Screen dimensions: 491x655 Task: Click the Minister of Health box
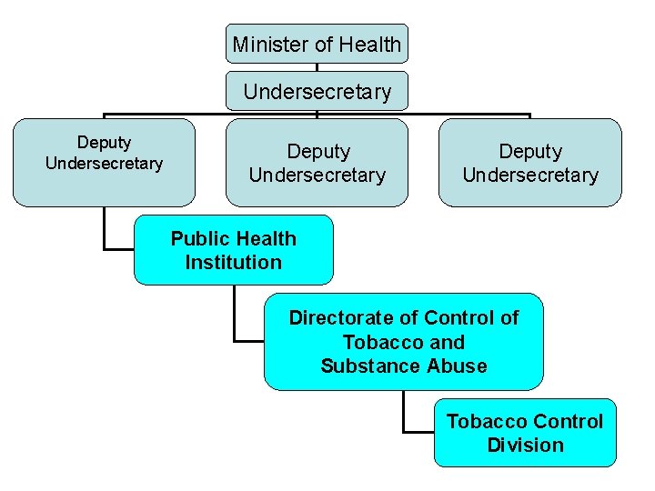pyautogui.click(x=317, y=44)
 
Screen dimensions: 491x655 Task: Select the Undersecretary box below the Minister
pyautogui.click(x=317, y=92)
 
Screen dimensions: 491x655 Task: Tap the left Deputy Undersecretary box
pyautogui.click(x=104, y=163)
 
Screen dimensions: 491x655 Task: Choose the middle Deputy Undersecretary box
pyautogui.click(x=317, y=163)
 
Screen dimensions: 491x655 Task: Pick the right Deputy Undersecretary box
pyautogui.click(x=530, y=163)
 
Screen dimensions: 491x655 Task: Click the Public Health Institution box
pyautogui.click(x=234, y=250)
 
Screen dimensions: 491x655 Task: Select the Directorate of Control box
pyautogui.click(x=403, y=342)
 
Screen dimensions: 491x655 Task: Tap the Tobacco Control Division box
pyautogui.click(x=525, y=433)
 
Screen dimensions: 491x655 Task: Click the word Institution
pyautogui.click(x=234, y=263)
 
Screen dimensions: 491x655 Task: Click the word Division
pyautogui.click(x=525, y=446)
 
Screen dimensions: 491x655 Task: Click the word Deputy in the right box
pyautogui.click(x=530, y=151)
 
